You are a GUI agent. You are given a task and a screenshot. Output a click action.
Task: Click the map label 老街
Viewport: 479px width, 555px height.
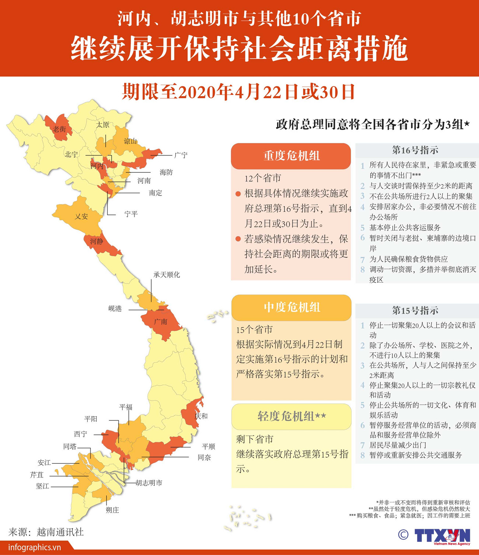pyautogui.click(x=59, y=129)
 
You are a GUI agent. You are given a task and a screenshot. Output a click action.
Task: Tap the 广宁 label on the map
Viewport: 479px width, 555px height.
pyautogui.click(x=181, y=155)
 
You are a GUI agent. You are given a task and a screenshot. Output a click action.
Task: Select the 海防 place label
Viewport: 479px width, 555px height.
pyautogui.click(x=166, y=172)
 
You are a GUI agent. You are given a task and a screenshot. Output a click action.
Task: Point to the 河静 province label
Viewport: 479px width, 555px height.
pyautogui.click(x=97, y=242)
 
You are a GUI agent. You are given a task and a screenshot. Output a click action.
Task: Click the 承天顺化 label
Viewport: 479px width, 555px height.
pyautogui.click(x=167, y=275)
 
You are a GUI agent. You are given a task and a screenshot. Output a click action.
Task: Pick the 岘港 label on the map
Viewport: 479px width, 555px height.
pyautogui.click(x=115, y=309)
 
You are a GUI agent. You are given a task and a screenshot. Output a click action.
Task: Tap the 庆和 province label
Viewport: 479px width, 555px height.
pyautogui.click(x=201, y=416)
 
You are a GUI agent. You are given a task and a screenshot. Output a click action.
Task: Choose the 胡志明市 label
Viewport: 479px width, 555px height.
pyautogui.click(x=149, y=483)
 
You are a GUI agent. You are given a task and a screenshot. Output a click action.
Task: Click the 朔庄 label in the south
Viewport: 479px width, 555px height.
pyautogui.click(x=112, y=510)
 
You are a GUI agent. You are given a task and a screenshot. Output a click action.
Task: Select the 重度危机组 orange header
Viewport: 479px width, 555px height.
pyautogui.click(x=291, y=156)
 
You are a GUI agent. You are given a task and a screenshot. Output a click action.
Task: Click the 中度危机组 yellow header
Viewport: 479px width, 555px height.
pyautogui.click(x=291, y=308)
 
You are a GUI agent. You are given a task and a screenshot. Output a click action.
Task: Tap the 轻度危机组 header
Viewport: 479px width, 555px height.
pyautogui.click(x=291, y=417)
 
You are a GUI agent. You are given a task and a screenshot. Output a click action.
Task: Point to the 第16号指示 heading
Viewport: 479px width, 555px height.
pyautogui.click(x=415, y=150)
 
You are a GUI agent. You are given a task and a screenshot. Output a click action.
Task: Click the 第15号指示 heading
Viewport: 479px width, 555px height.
pyautogui.click(x=415, y=310)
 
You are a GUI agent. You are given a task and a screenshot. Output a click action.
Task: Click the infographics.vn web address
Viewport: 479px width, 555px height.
pyautogui.click(x=35, y=547)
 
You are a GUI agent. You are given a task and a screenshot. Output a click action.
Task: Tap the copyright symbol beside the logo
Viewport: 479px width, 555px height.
pyautogui.click(x=403, y=535)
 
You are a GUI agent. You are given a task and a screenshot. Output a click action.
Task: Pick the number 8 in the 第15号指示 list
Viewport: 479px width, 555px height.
pyautogui.click(x=363, y=455)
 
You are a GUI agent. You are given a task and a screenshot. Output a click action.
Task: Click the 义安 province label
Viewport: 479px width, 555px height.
pyautogui.click(x=81, y=217)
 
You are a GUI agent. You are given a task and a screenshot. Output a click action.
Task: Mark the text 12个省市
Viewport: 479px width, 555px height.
pyautogui.click(x=263, y=179)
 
